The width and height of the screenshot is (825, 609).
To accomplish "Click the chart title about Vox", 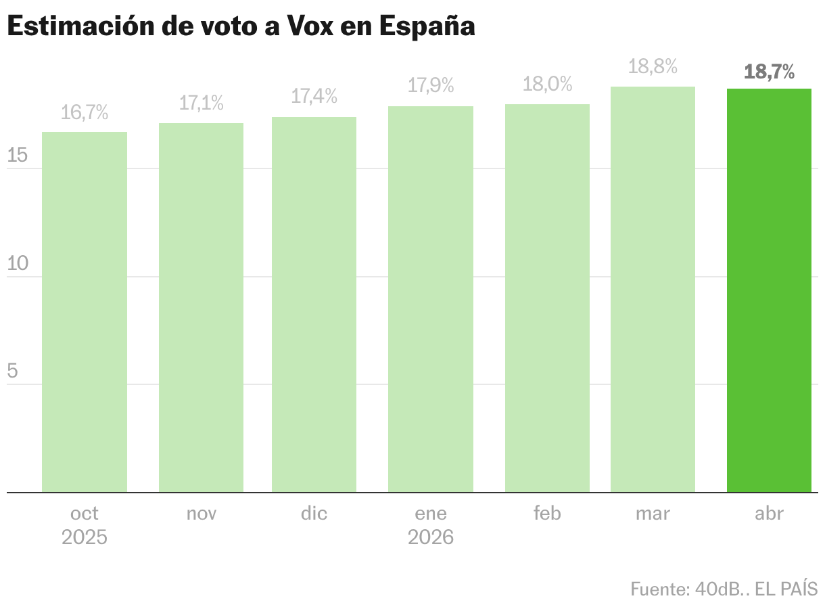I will pos(241,26).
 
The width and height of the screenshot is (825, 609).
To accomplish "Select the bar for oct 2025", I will pos(85,311).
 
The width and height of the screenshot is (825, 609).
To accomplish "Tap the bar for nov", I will pos(201,308).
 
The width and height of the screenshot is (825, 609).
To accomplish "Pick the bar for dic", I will pos(314,304).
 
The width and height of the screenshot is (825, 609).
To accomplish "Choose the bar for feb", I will pos(547,298).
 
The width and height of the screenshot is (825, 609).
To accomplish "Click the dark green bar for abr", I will pos(769,291).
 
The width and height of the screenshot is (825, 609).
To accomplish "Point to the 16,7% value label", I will pos(85,113).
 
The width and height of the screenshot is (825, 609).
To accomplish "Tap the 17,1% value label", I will pos(201,104).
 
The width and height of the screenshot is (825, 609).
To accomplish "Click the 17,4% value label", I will pos(314,97).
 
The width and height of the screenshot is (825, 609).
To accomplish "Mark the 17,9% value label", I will pos(430,86).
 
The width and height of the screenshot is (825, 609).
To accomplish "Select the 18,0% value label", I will pos(547,85).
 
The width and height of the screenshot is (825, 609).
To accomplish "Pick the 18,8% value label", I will pos(653,67).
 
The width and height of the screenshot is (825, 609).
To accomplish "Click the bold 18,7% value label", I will pos(769,72).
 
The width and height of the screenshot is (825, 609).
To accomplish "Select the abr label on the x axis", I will pos(769,514).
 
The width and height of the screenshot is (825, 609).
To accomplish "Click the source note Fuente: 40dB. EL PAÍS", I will pos(724,589).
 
